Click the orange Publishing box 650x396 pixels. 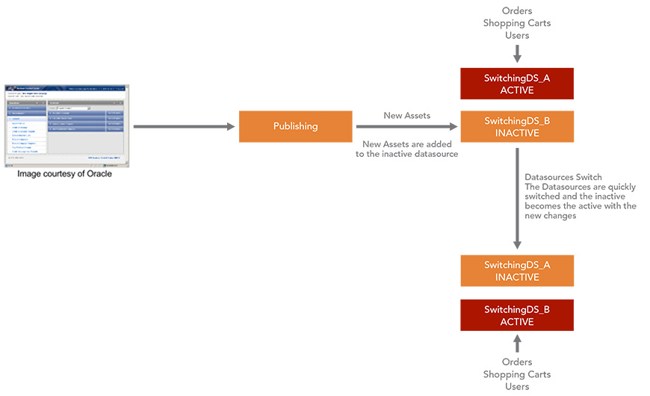(x=295, y=126)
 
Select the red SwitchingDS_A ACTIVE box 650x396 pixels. (x=517, y=84)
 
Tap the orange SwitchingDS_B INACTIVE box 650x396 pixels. (x=517, y=127)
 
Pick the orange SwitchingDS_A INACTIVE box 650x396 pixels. (x=517, y=270)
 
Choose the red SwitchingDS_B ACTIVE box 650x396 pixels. (x=517, y=315)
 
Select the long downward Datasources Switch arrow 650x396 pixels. (x=517, y=198)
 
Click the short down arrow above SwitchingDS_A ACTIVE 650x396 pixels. (x=517, y=54)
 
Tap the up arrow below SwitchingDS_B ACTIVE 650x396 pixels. (x=517, y=344)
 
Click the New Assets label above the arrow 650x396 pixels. (x=406, y=116)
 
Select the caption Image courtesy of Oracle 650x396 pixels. (x=65, y=174)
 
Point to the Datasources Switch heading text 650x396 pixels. (x=563, y=177)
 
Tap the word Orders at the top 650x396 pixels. (x=517, y=11)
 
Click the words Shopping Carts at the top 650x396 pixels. (x=517, y=23)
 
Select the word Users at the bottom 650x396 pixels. (x=517, y=386)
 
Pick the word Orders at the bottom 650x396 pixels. (x=517, y=362)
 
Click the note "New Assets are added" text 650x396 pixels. (x=406, y=143)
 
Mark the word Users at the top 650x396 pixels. (x=517, y=35)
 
